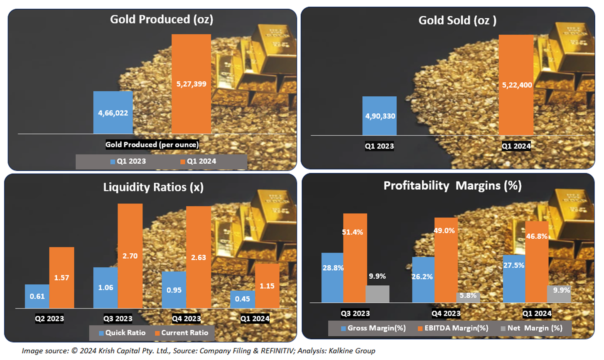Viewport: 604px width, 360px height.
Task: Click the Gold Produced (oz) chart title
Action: (x=161, y=20)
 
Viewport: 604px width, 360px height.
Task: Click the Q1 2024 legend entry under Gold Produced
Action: (x=198, y=161)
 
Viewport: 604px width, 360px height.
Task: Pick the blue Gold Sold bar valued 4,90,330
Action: (x=379, y=116)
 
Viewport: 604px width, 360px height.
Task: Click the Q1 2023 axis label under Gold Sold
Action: (x=379, y=146)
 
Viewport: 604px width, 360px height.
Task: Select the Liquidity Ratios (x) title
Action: (x=153, y=187)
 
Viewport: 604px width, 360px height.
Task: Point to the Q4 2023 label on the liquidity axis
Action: (x=187, y=319)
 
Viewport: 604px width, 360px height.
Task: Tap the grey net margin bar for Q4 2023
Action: (x=468, y=297)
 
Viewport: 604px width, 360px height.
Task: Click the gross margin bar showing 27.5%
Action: (x=514, y=278)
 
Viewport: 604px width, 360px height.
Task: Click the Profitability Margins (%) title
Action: (x=452, y=186)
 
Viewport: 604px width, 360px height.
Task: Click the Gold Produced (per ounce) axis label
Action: (x=152, y=144)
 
